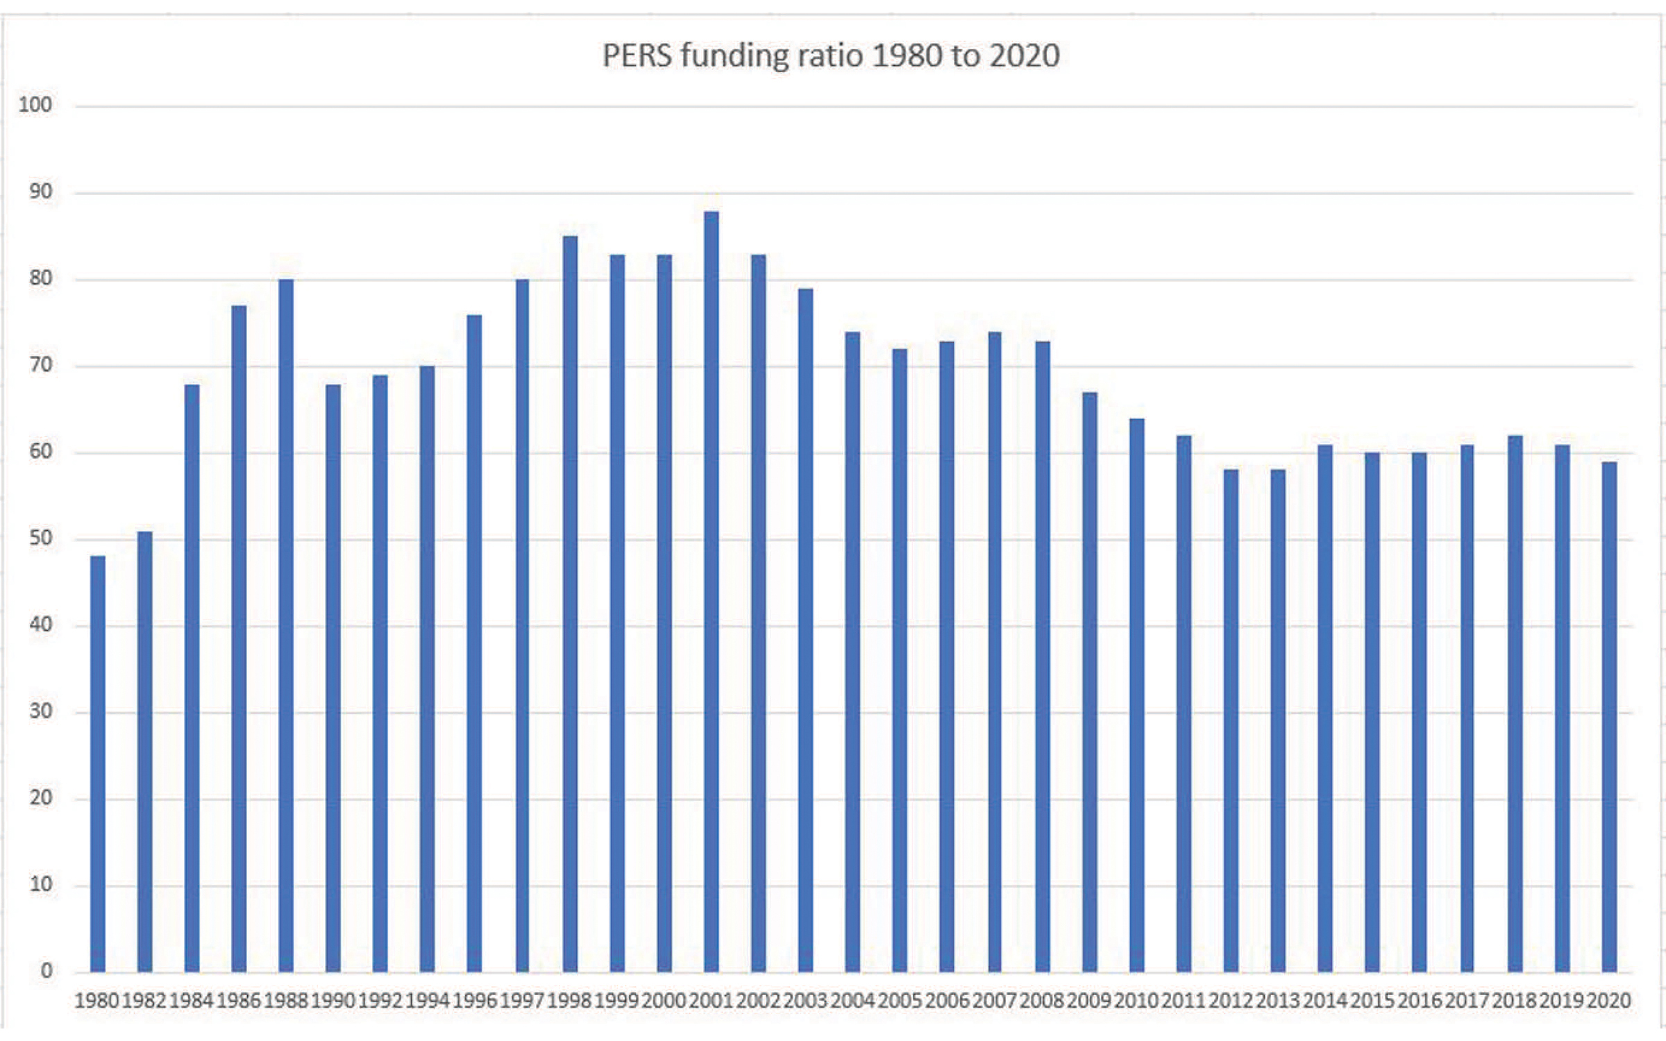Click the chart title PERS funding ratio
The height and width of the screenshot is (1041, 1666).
[830, 56]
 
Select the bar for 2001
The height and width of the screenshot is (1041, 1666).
[712, 590]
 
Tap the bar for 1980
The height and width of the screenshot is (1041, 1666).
[98, 763]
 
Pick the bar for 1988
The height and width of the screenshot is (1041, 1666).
[286, 625]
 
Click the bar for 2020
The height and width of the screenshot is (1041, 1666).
[1610, 715]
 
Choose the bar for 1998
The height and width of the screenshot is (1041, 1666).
[570, 604]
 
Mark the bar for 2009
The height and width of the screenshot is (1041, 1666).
[1090, 680]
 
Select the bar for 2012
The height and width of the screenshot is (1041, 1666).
[1231, 722]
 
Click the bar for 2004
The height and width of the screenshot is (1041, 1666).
[852, 652]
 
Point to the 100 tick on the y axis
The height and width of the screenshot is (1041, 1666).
[35, 105]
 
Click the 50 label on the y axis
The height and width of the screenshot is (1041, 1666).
[40, 539]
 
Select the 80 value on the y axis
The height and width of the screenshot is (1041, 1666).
[40, 278]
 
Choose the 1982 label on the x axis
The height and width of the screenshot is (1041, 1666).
[144, 1001]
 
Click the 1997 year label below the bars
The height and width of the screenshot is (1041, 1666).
[522, 1001]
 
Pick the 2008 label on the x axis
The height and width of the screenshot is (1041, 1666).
[1042, 1001]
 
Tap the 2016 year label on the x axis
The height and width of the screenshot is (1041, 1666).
[1420, 1001]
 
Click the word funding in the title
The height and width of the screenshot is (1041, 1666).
[734, 56]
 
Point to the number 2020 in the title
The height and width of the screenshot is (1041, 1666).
[1025, 56]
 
